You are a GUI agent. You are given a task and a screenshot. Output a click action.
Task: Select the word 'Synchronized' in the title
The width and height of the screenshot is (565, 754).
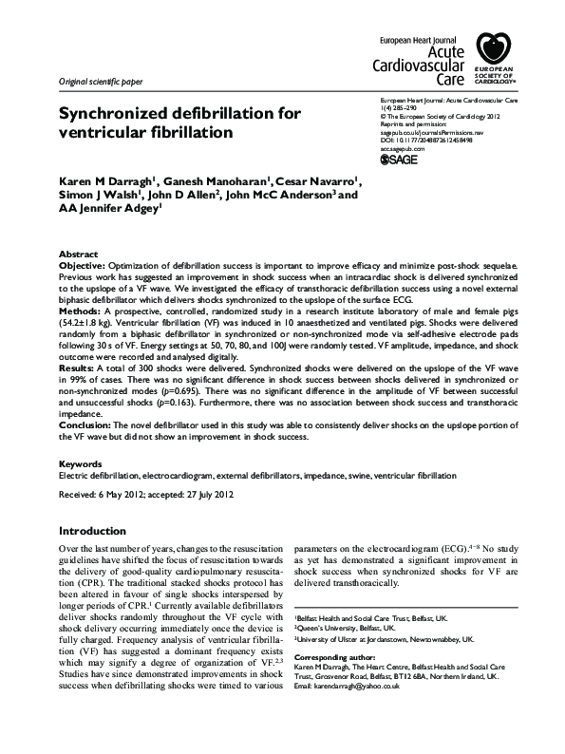click(x=113, y=114)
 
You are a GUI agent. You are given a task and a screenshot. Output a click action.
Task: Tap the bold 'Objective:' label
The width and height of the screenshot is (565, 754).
click(x=85, y=267)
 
